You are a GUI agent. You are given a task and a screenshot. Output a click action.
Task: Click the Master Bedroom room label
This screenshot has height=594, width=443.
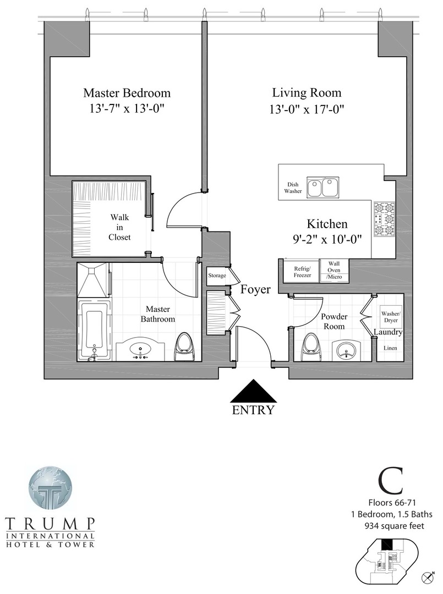point(127,93)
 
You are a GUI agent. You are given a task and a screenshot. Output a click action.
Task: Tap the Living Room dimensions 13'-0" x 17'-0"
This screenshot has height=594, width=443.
point(307,109)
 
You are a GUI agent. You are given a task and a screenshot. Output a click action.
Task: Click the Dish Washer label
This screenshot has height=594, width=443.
point(293,188)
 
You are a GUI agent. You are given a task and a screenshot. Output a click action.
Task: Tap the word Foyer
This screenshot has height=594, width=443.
point(255,289)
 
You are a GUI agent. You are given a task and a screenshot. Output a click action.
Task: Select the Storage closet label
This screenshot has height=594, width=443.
point(216,276)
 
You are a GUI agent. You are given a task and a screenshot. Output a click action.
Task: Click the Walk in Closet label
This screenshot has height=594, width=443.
point(119,228)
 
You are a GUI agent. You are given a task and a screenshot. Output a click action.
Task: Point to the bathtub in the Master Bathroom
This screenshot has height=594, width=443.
point(94,329)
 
